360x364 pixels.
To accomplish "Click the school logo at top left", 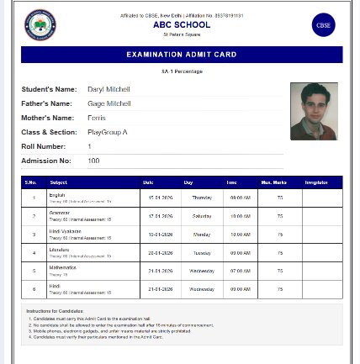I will (40, 25).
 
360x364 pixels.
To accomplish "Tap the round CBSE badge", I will (323, 25).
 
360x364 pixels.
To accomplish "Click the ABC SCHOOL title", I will (182, 25).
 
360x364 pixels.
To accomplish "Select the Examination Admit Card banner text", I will (182, 55).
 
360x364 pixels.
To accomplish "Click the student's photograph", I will (314, 111).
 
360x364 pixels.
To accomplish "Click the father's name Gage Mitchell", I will (109, 103).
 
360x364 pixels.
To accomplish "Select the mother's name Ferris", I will (97, 118).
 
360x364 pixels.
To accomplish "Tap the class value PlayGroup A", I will (108, 132).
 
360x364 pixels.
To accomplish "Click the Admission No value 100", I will (93, 161).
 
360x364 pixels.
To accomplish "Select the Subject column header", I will (59, 182).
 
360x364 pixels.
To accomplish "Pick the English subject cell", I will (57, 195).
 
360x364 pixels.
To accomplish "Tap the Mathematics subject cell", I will (63, 267).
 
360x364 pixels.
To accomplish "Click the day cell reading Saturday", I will (202, 216).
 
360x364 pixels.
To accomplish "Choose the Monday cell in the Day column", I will (202, 235).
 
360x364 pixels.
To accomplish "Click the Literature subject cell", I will (59, 249).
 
